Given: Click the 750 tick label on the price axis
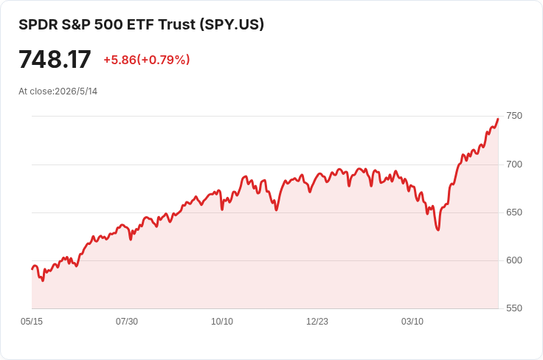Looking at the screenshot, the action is [514, 116].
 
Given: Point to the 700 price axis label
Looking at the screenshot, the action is [514, 164].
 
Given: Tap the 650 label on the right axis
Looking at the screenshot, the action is [514, 212].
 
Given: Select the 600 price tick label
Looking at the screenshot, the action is [514, 260].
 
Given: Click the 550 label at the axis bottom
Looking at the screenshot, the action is [514, 308].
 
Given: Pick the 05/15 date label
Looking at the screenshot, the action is [32, 322].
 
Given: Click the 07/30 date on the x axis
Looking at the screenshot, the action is [127, 322].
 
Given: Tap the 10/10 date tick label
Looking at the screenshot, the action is [222, 322].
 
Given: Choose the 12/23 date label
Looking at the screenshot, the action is [317, 322].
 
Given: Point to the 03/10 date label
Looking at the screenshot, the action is [412, 322].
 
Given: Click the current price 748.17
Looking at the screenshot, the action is [55, 60].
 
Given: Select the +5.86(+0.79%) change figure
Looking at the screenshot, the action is [147, 60].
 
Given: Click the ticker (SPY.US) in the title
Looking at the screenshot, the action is [232, 24].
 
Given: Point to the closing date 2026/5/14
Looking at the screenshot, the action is [76, 91].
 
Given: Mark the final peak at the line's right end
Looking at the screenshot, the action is [498, 119].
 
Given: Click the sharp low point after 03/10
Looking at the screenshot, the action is [438, 230].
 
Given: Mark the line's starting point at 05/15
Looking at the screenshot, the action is [32, 269].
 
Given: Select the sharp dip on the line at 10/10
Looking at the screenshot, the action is [222, 209].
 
